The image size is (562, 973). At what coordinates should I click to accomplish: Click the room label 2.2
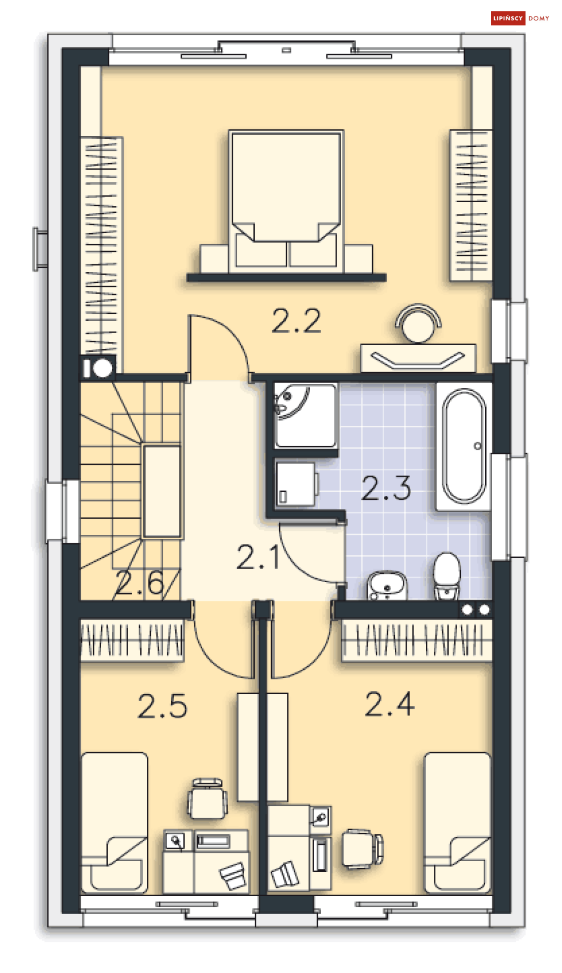click(296, 321)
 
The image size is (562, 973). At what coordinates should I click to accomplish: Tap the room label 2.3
click(386, 488)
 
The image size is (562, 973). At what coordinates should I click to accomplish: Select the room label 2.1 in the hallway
click(258, 557)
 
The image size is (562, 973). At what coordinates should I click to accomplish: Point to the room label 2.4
click(390, 704)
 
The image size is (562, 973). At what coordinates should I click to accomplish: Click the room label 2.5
click(163, 706)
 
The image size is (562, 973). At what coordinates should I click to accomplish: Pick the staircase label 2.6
click(140, 583)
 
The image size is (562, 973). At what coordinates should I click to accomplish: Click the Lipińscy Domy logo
click(520, 18)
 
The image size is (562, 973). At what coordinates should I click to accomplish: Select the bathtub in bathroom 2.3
click(464, 446)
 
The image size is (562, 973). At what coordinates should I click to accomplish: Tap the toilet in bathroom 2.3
click(447, 575)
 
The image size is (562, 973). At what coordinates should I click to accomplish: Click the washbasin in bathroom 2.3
click(387, 585)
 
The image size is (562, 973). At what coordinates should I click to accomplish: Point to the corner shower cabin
click(306, 415)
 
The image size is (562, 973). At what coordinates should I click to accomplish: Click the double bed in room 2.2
click(286, 200)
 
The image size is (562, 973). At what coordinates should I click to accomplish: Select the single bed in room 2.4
click(457, 823)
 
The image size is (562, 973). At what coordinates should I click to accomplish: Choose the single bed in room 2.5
click(115, 823)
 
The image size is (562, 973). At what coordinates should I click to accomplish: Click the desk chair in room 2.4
click(363, 848)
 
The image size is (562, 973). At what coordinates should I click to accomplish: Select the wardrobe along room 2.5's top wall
click(132, 640)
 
